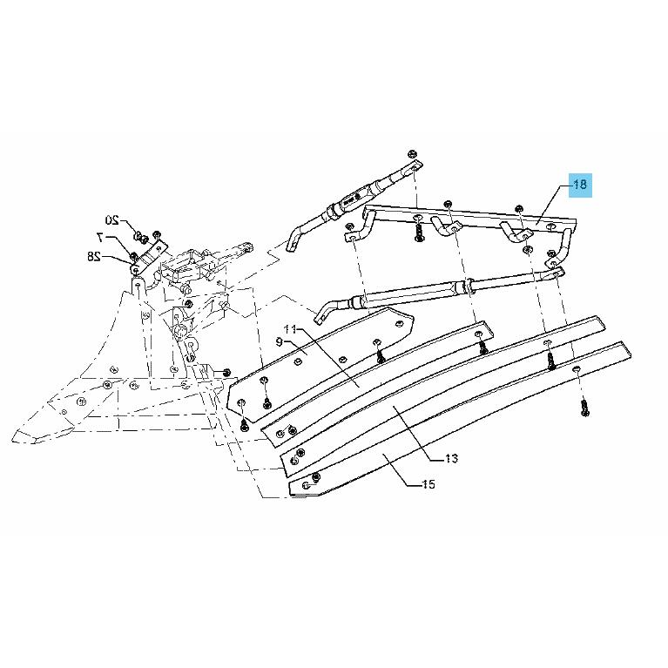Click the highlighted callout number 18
coord(580,185)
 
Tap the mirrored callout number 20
coord(112,219)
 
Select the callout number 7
coord(100,236)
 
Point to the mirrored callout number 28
coord(94,256)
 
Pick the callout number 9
coord(280,341)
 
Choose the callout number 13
coord(452,458)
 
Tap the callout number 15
coord(428,484)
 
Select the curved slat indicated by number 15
coord(460,417)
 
